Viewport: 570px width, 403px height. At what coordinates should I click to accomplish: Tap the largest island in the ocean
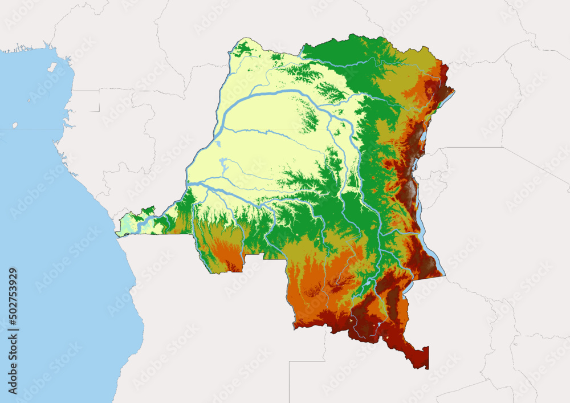(52, 67)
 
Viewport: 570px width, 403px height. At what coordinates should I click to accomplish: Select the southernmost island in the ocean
(15, 125)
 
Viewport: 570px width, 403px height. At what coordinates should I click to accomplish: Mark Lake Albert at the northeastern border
(445, 98)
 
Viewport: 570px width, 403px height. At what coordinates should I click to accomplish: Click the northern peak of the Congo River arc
(285, 90)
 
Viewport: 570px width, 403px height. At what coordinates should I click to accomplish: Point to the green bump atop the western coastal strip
(149, 210)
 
